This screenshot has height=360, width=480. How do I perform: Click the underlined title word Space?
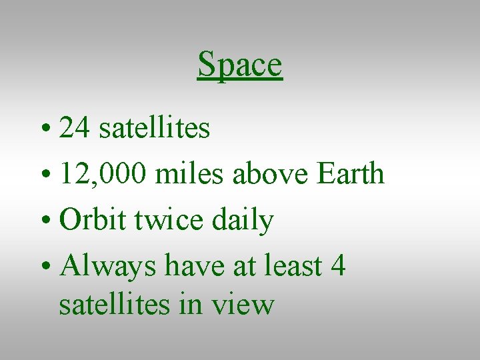[x=240, y=65]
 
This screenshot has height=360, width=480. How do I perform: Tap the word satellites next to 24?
[x=155, y=128]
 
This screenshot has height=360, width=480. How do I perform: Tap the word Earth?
[x=351, y=174]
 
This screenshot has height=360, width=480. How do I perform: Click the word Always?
[x=107, y=267]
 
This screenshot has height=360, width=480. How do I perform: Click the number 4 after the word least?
[x=338, y=265]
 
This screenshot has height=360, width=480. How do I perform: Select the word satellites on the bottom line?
[x=114, y=304]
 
